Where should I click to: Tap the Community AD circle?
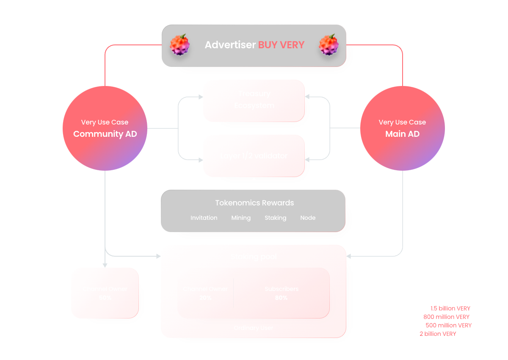click(x=105, y=128)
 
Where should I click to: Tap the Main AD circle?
click(x=402, y=128)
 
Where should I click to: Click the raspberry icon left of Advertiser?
click(x=179, y=44)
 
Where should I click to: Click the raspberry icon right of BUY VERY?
click(x=329, y=44)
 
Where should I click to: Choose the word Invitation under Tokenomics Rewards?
click(x=204, y=218)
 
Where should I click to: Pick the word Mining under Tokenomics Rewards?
click(x=241, y=218)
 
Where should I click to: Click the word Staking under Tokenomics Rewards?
click(x=276, y=218)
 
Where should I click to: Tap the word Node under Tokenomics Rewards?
click(x=308, y=218)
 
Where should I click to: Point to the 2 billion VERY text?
click(x=438, y=334)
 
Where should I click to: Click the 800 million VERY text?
click(x=446, y=317)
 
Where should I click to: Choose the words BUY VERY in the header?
click(x=282, y=45)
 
